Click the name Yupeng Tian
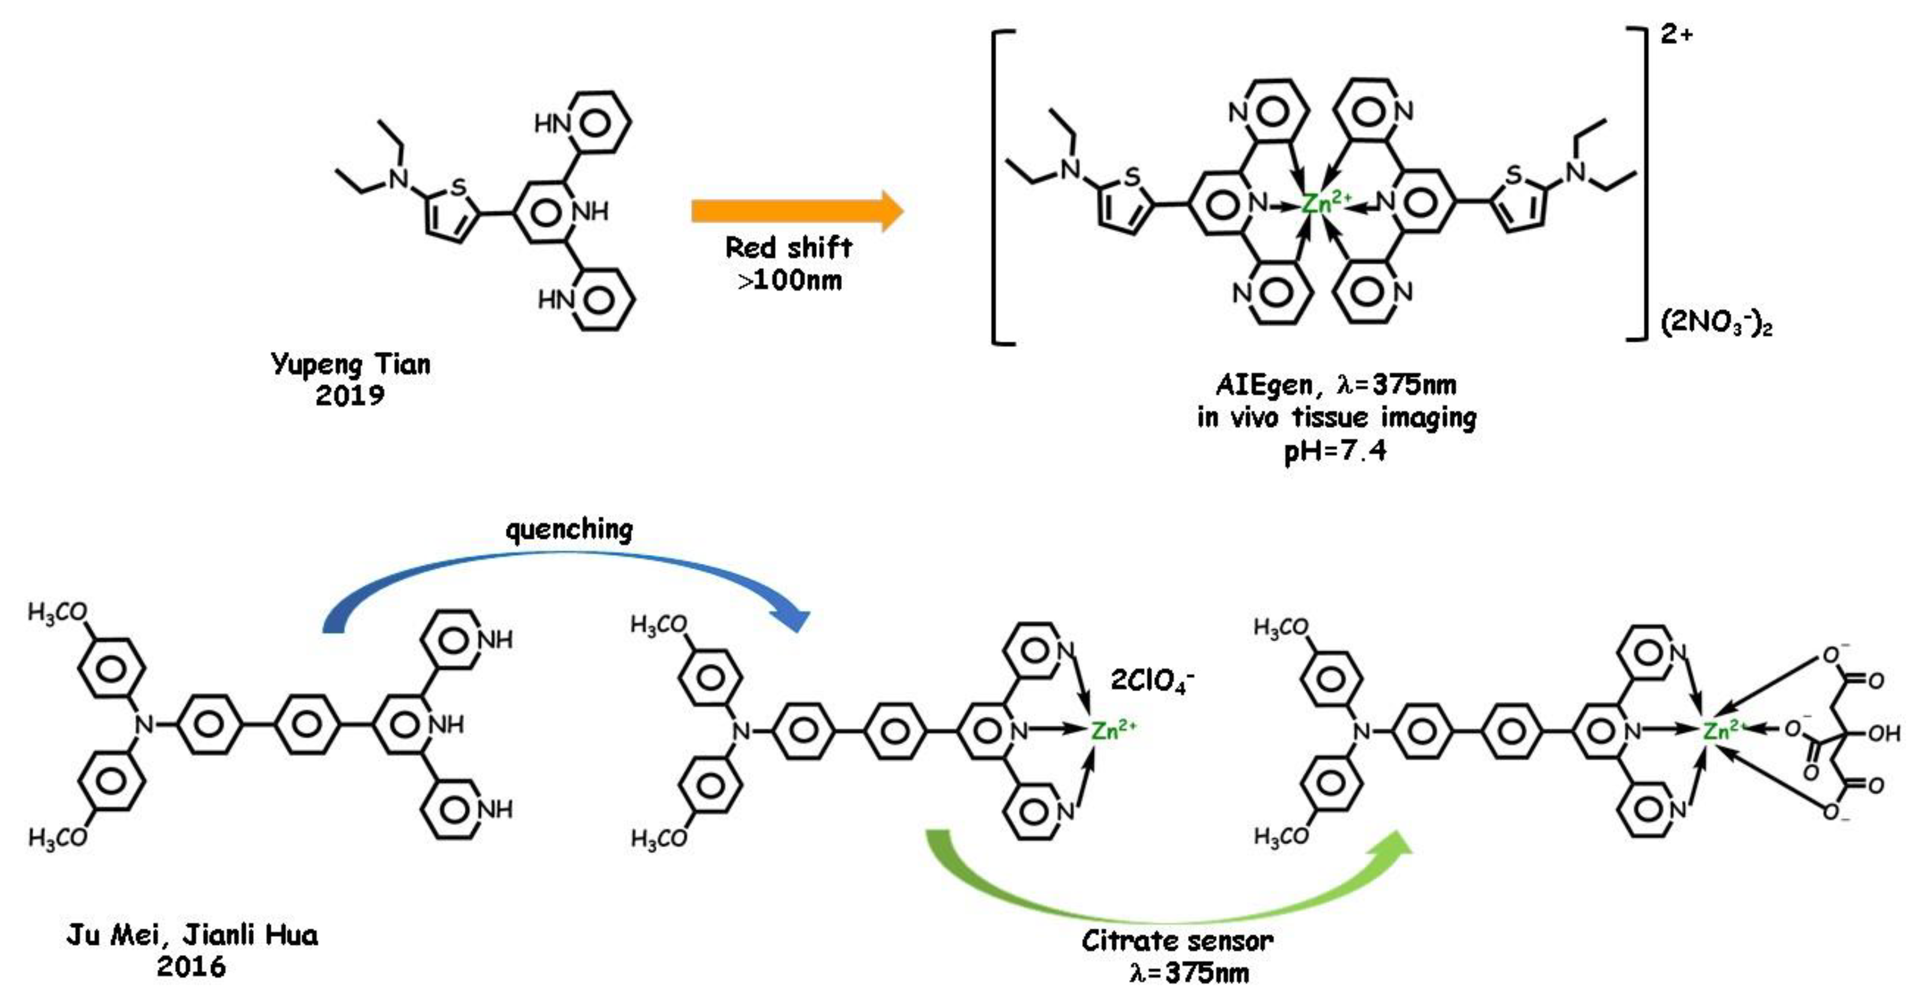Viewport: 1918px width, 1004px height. [351, 364]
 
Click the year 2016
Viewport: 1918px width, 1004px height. [191, 967]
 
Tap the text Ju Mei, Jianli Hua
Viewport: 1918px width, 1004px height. [192, 935]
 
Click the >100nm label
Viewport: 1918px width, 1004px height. [790, 281]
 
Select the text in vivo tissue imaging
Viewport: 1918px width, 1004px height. [1336, 418]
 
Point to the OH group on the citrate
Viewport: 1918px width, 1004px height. [1884, 734]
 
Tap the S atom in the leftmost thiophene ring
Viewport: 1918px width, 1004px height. [458, 186]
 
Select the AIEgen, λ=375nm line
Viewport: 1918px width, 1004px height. [1336, 385]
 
